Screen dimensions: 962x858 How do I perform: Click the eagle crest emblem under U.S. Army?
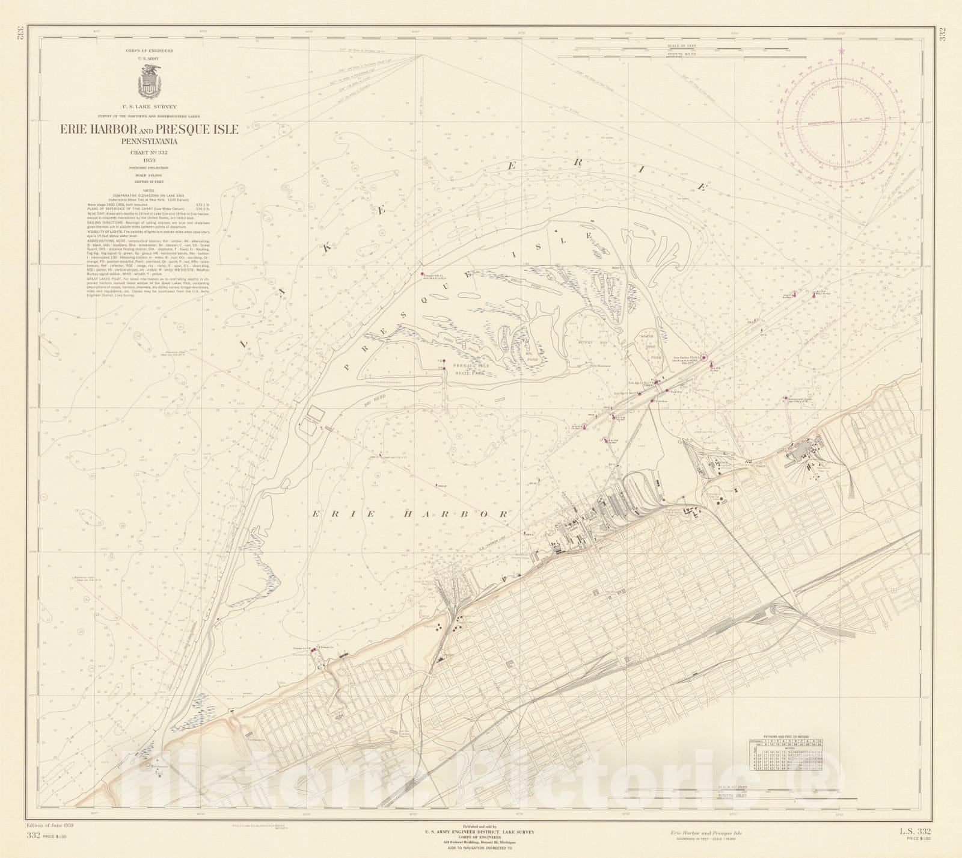[148, 80]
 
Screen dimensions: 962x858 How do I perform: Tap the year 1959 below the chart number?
[148, 161]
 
